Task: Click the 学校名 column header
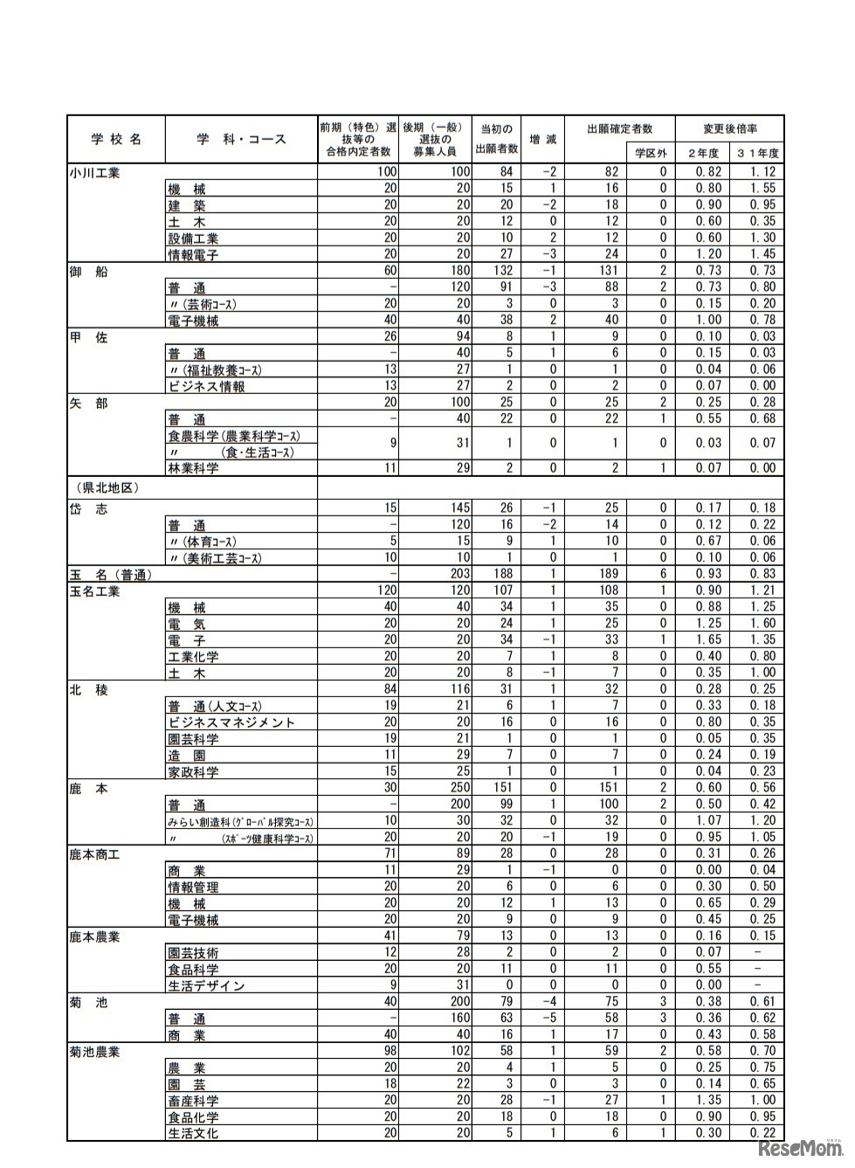pyautogui.click(x=115, y=139)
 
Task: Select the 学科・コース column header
pyautogui.click(x=240, y=139)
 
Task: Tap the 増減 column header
pyautogui.click(x=542, y=139)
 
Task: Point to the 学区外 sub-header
pyautogui.click(x=650, y=153)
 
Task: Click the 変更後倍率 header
pyautogui.click(x=729, y=128)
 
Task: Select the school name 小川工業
pyautogui.click(x=94, y=173)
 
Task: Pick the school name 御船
pyautogui.click(x=88, y=272)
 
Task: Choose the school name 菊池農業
pyautogui.click(x=94, y=1052)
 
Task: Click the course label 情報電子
pyautogui.click(x=193, y=255)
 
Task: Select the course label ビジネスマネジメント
pyautogui.click(x=231, y=722)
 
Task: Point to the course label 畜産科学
pyautogui.click(x=193, y=1101)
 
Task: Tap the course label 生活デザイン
pyautogui.click(x=206, y=985)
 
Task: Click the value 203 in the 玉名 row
pyautogui.click(x=459, y=574)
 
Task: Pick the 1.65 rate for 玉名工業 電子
pyautogui.click(x=708, y=639)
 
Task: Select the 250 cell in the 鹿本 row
pyautogui.click(x=459, y=788)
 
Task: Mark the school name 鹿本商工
pyautogui.click(x=94, y=854)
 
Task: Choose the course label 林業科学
pyautogui.click(x=193, y=468)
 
